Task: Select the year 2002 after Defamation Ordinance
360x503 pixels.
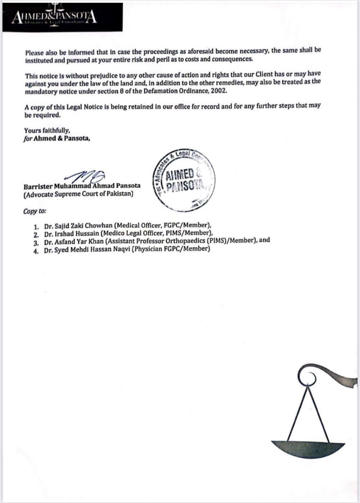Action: (x=219, y=91)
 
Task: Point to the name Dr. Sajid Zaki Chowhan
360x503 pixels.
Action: (x=78, y=226)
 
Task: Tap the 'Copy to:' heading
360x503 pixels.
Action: (x=35, y=211)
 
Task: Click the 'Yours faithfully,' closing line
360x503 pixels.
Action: (x=47, y=130)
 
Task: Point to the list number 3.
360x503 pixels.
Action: (x=36, y=242)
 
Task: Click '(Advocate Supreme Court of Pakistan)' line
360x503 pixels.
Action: (x=78, y=194)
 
